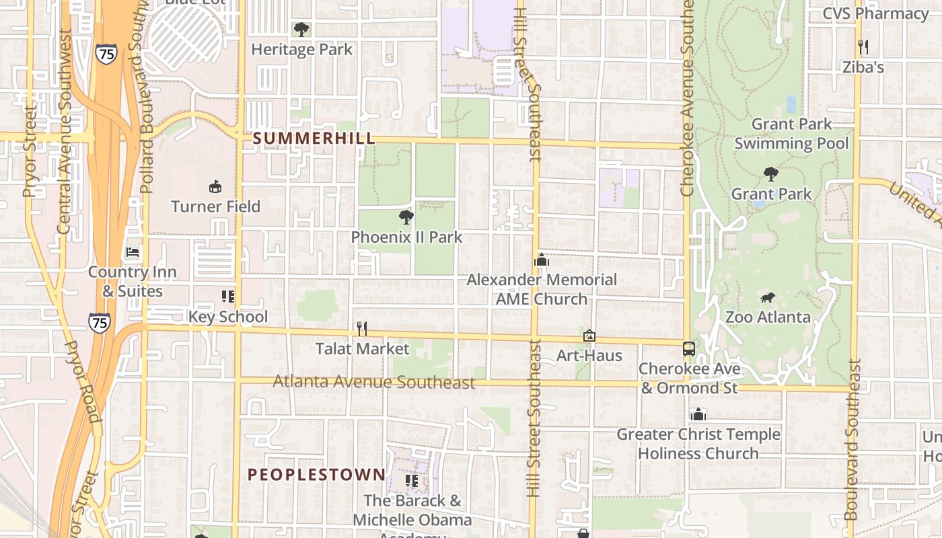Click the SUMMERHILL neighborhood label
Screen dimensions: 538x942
(314, 139)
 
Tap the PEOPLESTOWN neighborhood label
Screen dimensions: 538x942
(316, 475)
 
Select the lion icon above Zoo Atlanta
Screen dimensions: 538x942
(767, 297)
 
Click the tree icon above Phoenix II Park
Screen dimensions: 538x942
(406, 217)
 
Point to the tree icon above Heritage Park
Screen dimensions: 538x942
(301, 29)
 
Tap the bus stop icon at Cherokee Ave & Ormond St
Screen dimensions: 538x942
(688, 349)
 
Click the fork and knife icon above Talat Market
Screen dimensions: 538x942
(362, 328)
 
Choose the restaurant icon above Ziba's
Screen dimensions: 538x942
(863, 47)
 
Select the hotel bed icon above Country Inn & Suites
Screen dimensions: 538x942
(133, 252)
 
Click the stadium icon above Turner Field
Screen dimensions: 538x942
(215, 186)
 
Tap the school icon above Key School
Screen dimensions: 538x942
(227, 297)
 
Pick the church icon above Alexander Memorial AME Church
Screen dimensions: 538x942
(542, 260)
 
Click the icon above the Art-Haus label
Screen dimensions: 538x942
(589, 335)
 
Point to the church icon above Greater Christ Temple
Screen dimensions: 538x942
(698, 414)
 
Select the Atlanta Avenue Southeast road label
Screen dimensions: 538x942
(374, 382)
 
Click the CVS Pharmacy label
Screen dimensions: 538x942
(875, 13)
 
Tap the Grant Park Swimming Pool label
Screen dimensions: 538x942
(791, 133)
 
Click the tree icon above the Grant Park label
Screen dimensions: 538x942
(771, 174)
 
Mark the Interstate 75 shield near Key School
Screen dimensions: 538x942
(99, 323)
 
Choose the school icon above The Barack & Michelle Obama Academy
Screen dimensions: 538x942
(412, 481)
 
